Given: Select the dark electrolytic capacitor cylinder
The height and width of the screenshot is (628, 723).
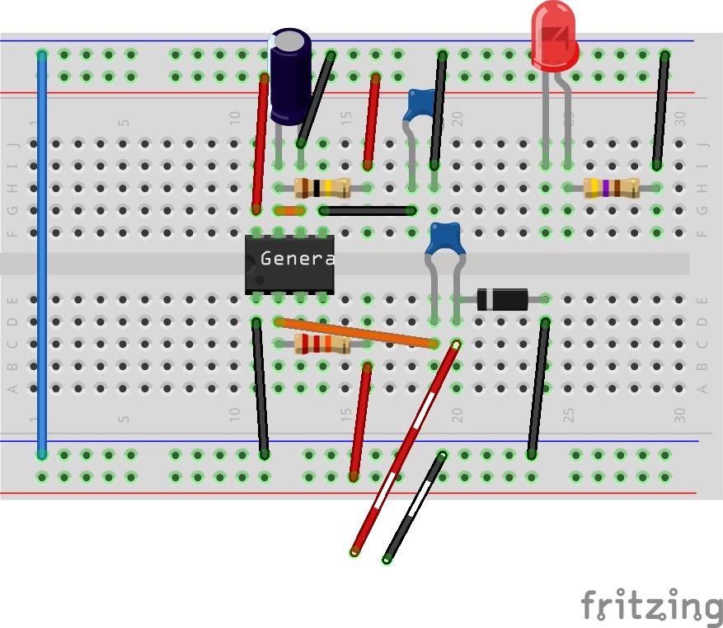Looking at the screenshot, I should tap(290, 76).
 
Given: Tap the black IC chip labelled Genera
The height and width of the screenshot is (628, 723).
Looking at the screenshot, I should tap(289, 263).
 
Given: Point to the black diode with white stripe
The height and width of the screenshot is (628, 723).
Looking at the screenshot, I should tap(502, 298).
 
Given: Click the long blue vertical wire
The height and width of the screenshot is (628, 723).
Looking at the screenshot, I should tap(42, 255).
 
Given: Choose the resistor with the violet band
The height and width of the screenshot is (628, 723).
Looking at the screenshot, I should tap(611, 188).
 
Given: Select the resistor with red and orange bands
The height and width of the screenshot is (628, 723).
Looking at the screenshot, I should tap(322, 344).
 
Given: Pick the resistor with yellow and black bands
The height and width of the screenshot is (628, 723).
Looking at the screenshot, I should tap(322, 188).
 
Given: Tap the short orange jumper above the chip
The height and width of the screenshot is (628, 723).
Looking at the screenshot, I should tap(289, 211).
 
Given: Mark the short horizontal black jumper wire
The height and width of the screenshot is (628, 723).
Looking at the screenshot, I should tap(368, 211).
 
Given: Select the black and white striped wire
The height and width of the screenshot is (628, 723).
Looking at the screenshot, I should tap(414, 507).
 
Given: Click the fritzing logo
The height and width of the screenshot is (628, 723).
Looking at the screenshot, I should tap(651, 607).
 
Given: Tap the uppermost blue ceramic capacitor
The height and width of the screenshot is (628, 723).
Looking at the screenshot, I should tap(421, 105).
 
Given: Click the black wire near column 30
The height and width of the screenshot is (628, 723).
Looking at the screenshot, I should tap(660, 110).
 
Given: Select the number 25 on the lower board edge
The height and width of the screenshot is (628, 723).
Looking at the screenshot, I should tap(568, 417).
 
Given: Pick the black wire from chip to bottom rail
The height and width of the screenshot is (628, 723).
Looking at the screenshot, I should tap(261, 387).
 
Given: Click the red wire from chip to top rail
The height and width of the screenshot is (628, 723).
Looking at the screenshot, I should tap(261, 143).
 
